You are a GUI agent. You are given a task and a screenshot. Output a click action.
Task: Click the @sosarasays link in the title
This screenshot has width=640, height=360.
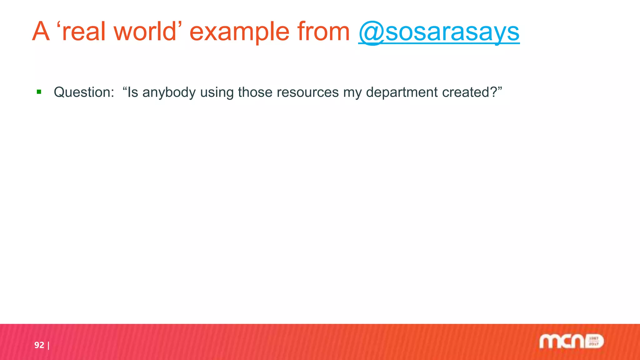pyautogui.click(x=439, y=32)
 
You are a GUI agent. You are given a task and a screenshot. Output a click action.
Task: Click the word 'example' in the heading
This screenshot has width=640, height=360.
pyautogui.click(x=239, y=32)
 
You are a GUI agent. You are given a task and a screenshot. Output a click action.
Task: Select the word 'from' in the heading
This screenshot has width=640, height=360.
pyautogui.click(x=323, y=32)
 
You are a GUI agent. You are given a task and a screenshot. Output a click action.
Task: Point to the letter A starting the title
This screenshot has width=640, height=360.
pyautogui.click(x=41, y=32)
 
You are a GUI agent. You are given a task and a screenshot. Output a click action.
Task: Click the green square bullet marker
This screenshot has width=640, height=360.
pyautogui.click(x=39, y=92)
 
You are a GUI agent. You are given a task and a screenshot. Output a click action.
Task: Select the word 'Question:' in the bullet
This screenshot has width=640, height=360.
pyautogui.click(x=84, y=92)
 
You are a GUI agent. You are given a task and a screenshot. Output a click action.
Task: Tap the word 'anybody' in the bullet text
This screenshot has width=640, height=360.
pyautogui.click(x=169, y=92)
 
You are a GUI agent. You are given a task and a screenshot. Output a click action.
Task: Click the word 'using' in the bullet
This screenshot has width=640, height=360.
pyautogui.click(x=217, y=92)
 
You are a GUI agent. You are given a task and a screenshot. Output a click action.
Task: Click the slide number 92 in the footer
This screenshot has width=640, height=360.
pyautogui.click(x=39, y=345)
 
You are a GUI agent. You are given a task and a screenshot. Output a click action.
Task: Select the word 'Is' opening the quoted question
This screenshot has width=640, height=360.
pyautogui.click(x=133, y=92)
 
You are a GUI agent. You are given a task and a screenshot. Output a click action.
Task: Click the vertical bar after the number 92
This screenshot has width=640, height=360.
pyautogui.click(x=48, y=345)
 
